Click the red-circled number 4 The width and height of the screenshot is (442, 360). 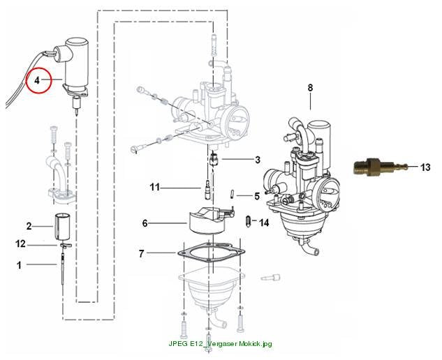(x=37, y=80)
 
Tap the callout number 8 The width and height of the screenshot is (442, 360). (x=310, y=88)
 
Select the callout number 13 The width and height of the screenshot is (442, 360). (x=425, y=167)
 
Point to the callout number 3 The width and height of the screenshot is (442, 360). (x=258, y=160)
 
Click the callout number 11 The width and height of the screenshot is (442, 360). (x=154, y=187)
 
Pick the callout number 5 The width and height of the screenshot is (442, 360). (x=257, y=196)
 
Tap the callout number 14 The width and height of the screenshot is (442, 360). (x=264, y=223)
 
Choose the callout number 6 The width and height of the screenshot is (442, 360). (x=145, y=223)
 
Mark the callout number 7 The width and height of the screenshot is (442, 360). (x=142, y=253)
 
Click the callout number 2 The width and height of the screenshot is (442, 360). (x=29, y=226)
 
